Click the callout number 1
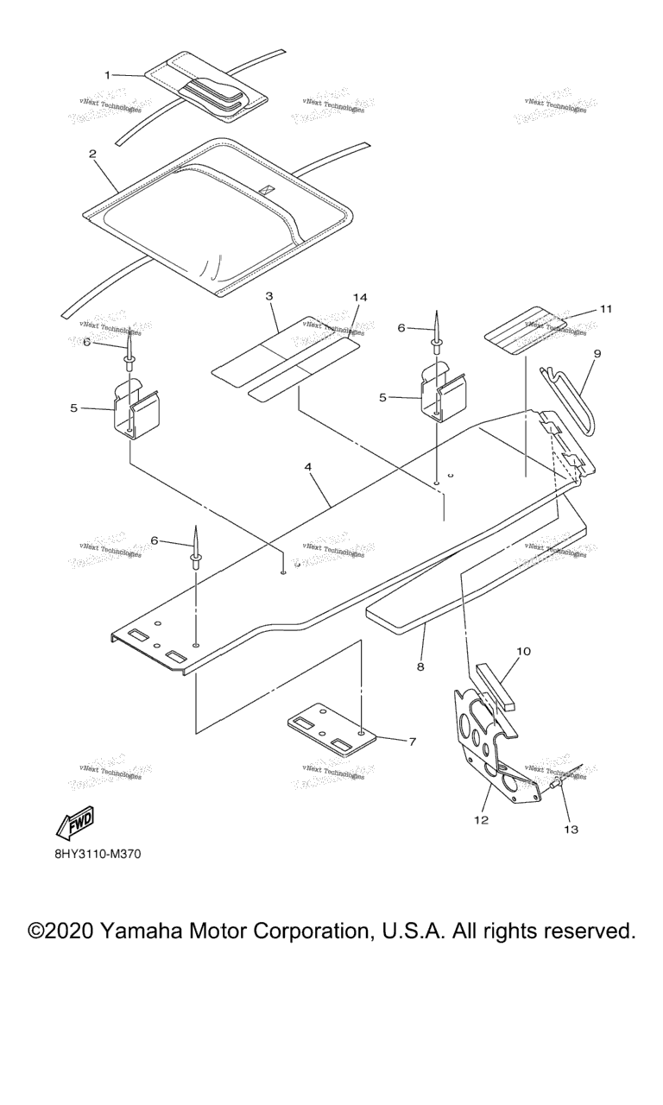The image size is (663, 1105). (108, 75)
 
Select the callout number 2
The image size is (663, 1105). (92, 154)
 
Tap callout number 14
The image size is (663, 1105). (360, 297)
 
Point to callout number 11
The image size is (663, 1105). (606, 309)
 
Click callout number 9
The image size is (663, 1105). (597, 354)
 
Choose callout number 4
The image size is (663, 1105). (307, 467)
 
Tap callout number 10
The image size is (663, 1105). (524, 651)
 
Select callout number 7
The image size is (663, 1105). (412, 742)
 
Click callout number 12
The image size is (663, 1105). (481, 820)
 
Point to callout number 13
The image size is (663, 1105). (571, 830)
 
